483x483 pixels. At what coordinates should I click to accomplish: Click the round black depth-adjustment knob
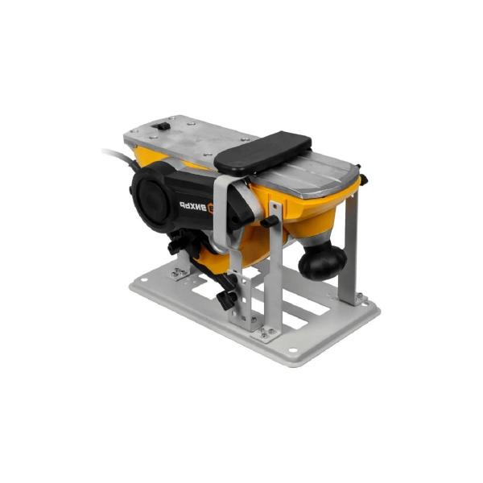click(322, 259)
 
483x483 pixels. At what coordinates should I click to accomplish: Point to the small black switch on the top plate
click(162, 126)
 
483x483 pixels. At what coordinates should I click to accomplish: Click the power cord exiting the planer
click(118, 154)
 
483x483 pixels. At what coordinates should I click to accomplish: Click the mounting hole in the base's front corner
click(290, 351)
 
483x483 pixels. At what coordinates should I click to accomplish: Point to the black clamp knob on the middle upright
click(273, 220)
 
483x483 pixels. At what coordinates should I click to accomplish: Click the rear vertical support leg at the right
click(350, 250)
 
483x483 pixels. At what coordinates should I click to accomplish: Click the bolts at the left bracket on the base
click(179, 274)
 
